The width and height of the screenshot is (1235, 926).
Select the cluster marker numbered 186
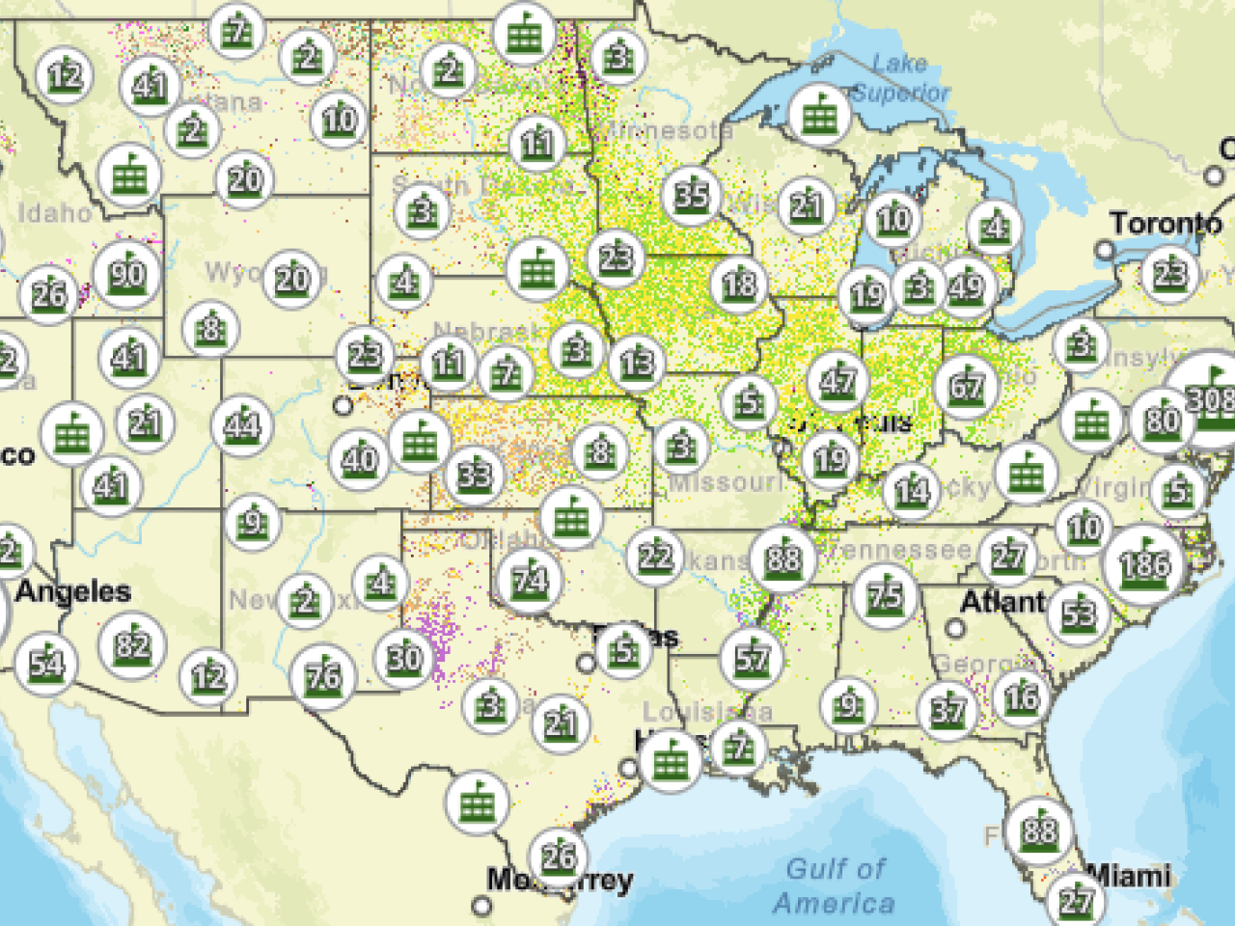(1144, 563)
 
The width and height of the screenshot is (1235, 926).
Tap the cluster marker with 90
(127, 275)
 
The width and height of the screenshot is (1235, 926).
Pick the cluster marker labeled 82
(132, 644)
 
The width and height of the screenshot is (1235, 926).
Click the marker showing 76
(323, 676)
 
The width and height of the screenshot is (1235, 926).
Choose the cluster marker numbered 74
(529, 580)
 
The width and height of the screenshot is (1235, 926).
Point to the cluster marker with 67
(966, 388)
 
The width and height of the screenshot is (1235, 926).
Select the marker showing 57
(751, 659)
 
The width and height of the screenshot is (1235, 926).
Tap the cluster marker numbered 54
(46, 663)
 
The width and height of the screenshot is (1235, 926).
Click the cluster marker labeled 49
(965, 286)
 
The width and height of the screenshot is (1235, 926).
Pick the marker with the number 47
(837, 381)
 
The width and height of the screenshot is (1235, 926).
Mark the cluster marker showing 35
(691, 196)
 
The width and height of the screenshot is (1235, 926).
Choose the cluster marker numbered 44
(241, 425)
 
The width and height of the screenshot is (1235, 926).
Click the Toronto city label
(1165, 224)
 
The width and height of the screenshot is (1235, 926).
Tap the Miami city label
(1129, 876)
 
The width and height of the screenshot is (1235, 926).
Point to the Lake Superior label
(900, 78)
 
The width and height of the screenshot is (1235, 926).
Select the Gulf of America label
(835, 885)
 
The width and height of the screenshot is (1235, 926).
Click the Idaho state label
(54, 212)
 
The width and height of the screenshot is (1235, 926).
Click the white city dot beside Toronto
(1105, 251)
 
